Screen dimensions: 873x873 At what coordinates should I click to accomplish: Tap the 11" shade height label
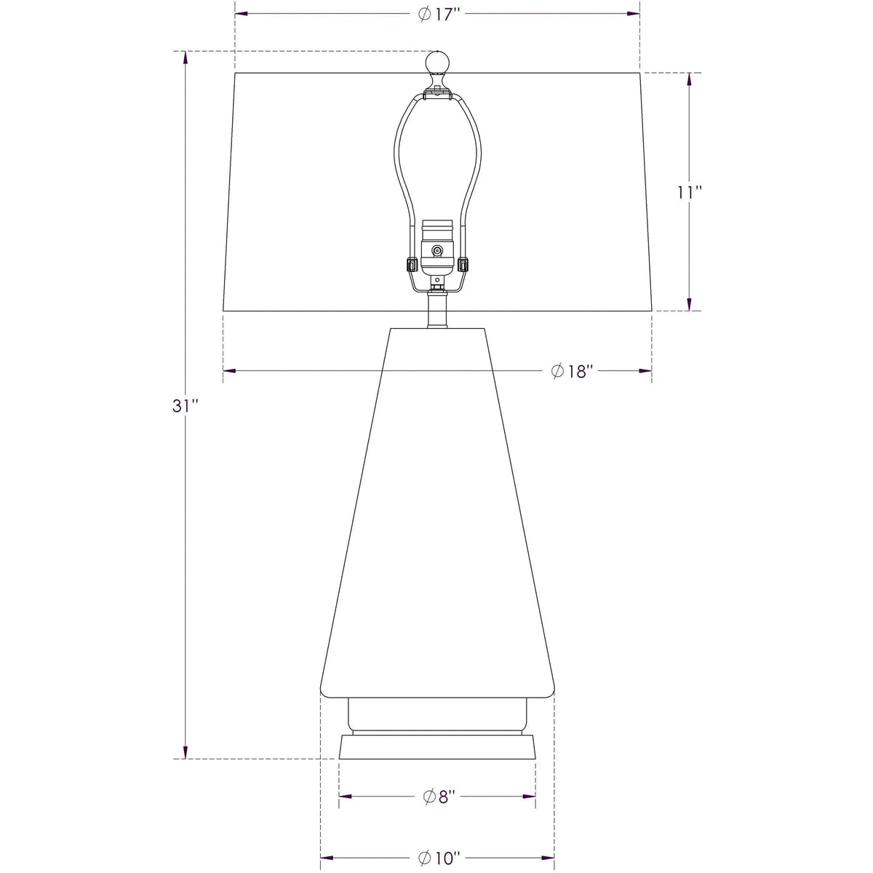click(x=690, y=193)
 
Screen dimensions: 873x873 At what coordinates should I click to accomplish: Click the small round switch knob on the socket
click(x=436, y=251)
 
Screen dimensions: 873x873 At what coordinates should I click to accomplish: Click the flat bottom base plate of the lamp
click(x=436, y=747)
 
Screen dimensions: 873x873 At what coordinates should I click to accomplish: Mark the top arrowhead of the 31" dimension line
click(x=186, y=56)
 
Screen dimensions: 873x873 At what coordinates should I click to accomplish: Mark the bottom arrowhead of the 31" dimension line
click(x=186, y=754)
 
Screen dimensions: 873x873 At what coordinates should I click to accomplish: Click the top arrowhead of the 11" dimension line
click(x=689, y=78)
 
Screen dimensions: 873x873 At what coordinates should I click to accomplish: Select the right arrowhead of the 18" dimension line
click(x=645, y=370)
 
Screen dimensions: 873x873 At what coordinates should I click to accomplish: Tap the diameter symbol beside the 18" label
click(x=558, y=371)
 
